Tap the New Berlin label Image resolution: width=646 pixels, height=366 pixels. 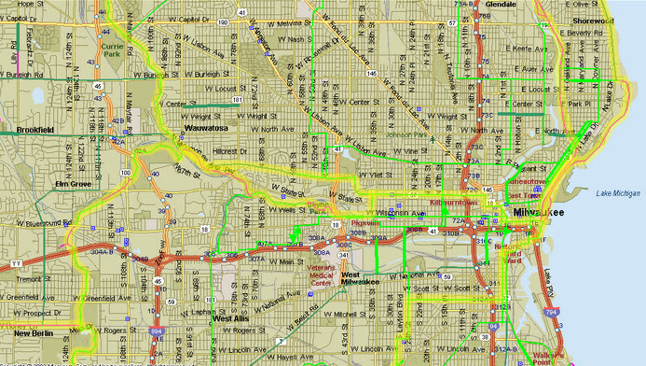34,332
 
